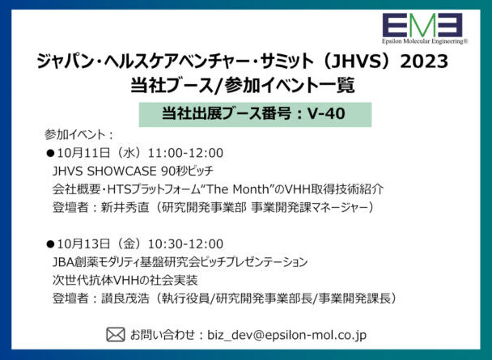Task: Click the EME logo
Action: (422, 25)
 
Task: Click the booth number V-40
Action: (326, 113)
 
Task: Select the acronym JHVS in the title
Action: (358, 61)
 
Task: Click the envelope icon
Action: (116, 335)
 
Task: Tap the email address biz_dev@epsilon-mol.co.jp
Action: (286, 335)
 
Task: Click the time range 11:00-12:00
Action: (185, 153)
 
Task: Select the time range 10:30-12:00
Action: (185, 244)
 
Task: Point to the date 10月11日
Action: (83, 153)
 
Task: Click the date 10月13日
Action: (83, 244)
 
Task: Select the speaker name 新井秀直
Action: (125, 208)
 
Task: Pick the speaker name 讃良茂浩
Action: (125, 299)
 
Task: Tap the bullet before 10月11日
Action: (50, 154)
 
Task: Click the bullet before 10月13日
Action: (50, 244)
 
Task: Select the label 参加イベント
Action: (74, 135)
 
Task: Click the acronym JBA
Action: (63, 262)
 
